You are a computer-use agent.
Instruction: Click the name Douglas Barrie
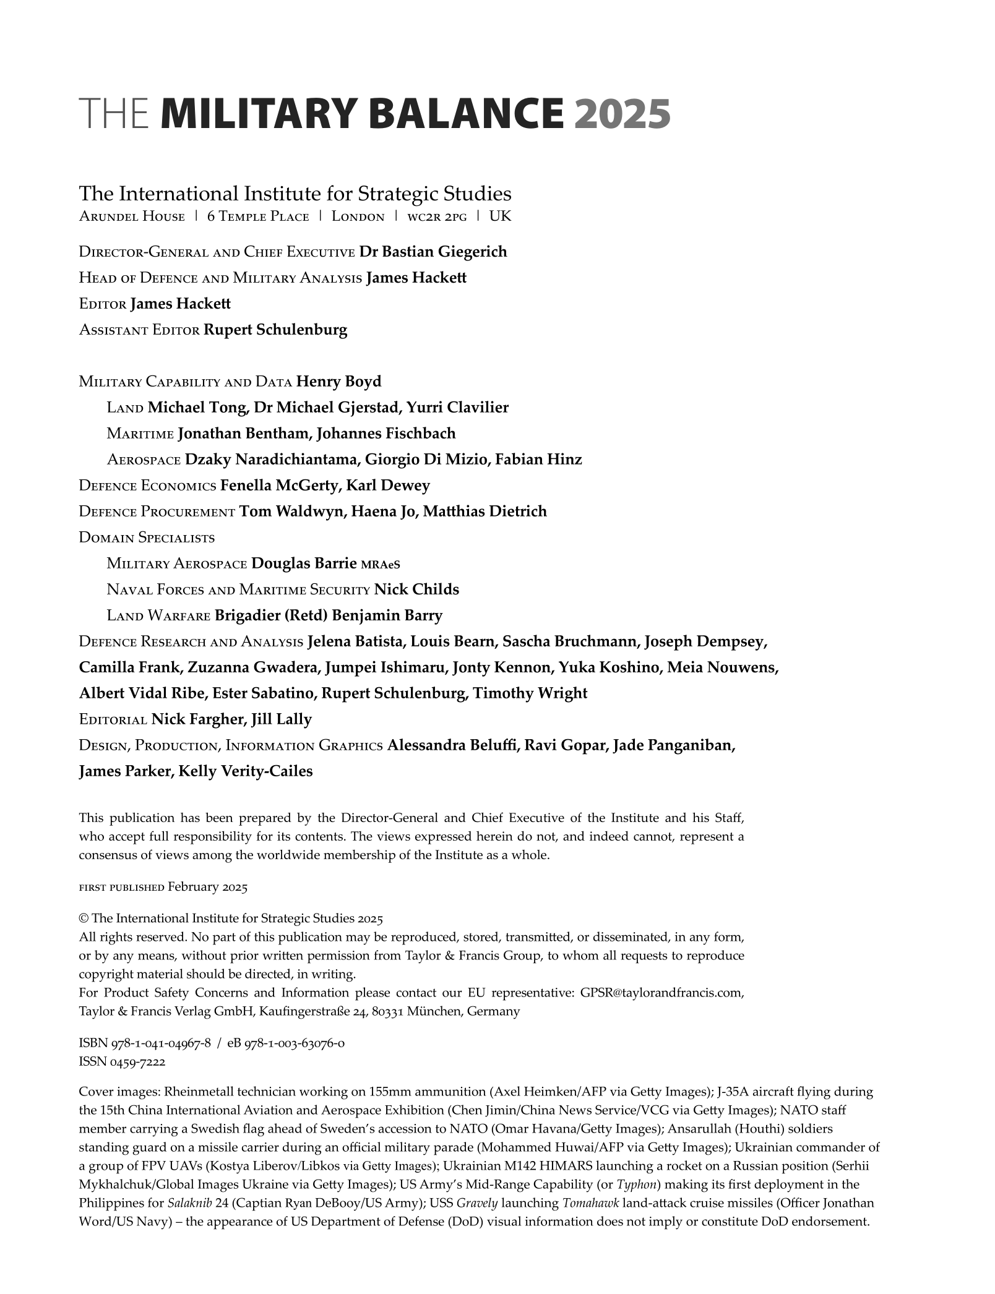coord(304,563)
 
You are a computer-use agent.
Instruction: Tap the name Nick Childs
coord(416,589)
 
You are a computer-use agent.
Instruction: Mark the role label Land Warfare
coord(158,615)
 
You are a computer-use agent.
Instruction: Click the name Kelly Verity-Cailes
coord(245,771)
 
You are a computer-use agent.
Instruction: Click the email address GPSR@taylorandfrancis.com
coord(661,992)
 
